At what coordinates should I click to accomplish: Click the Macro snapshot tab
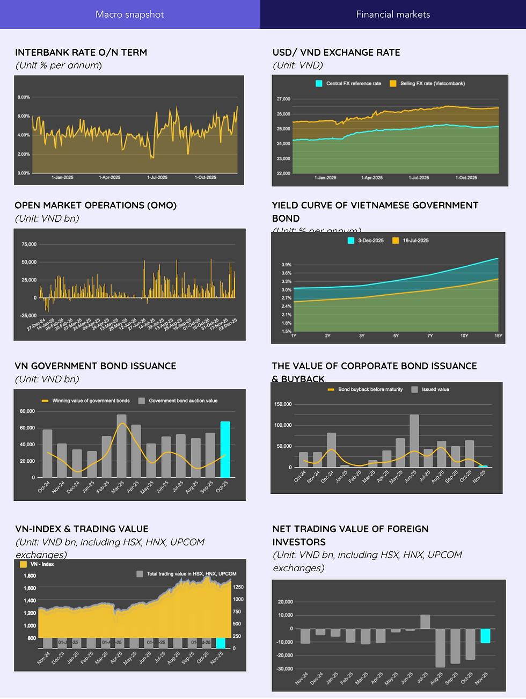[129, 14]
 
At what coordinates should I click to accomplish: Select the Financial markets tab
[393, 14]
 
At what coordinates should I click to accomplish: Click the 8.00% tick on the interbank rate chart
[24, 97]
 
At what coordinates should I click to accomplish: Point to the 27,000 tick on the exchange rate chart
[283, 99]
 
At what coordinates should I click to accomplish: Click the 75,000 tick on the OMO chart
[29, 244]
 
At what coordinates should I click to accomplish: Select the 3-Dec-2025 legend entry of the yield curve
[366, 241]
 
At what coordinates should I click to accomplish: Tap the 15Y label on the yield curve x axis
[498, 336]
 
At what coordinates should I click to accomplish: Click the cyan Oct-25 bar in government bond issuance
[225, 449]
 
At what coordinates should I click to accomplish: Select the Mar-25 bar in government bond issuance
[122, 446]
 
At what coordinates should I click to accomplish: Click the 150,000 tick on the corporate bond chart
[283, 404]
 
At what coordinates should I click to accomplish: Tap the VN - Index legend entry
[37, 564]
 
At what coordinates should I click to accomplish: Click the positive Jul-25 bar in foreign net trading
[425, 622]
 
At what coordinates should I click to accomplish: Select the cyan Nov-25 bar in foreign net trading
[485, 636]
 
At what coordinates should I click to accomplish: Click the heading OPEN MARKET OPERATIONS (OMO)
[96, 206]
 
